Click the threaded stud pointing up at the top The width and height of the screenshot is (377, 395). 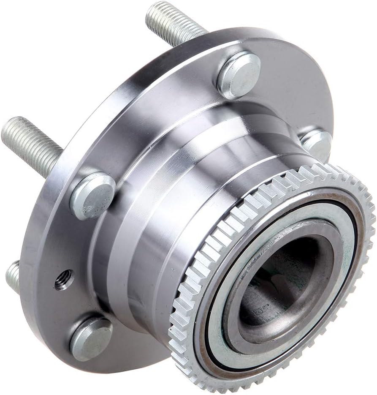[173, 23]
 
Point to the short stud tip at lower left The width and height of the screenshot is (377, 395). [13, 277]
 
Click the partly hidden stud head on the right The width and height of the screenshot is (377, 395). [317, 144]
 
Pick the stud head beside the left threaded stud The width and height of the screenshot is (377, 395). [92, 196]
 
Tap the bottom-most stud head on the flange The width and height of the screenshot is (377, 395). [91, 338]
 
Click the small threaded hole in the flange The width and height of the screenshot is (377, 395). [64, 280]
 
